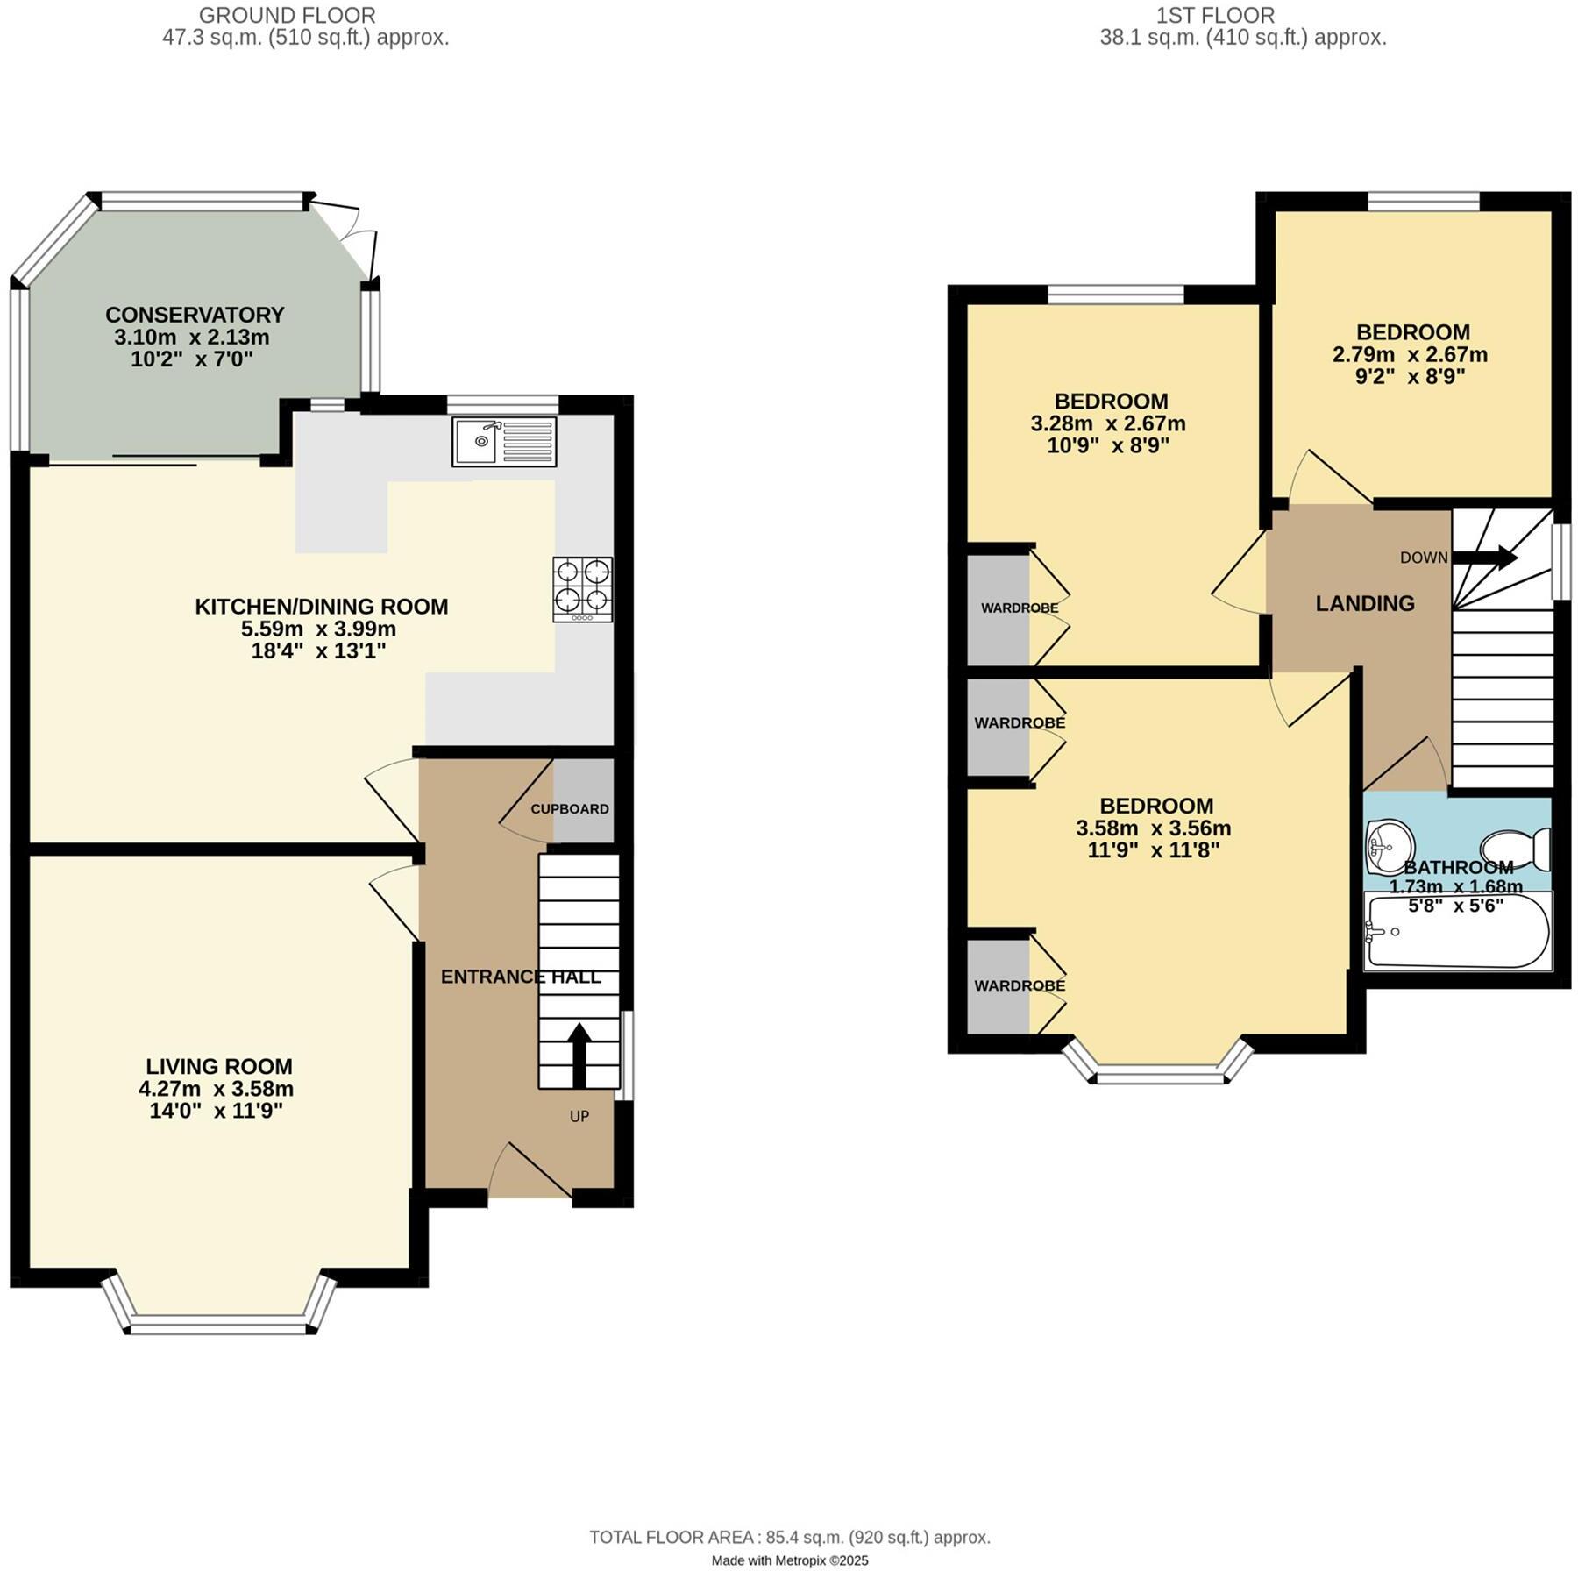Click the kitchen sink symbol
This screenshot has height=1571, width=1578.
(504, 442)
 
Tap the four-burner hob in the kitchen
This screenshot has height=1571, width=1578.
(582, 589)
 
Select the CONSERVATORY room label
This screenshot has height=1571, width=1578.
(195, 315)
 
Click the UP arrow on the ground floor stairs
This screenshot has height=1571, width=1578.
(579, 1055)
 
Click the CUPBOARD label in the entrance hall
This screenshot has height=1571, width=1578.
(569, 809)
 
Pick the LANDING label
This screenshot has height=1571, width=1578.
(1365, 603)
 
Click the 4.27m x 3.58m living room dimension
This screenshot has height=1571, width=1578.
(216, 1089)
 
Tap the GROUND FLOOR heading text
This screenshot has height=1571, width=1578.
(287, 15)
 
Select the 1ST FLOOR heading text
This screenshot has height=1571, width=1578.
(1215, 15)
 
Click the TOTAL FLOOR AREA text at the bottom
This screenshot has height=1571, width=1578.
(789, 1537)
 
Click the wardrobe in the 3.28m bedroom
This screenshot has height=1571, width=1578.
(999, 608)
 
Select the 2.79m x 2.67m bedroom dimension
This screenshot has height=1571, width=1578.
(1410, 355)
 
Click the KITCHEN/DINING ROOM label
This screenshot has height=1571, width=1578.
(321, 607)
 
